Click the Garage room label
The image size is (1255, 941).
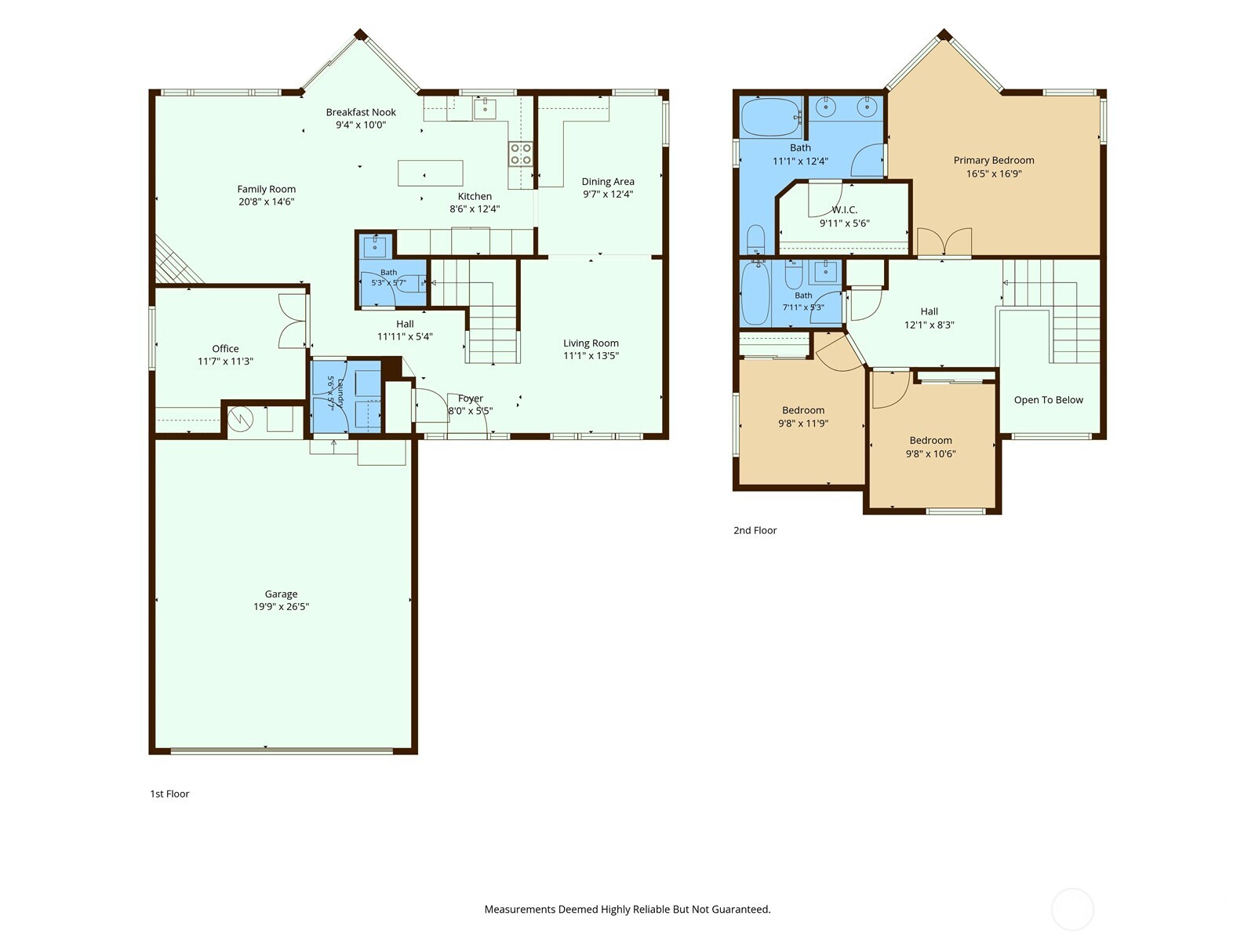[281, 594]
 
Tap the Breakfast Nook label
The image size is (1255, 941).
[361, 113]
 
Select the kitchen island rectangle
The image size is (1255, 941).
[430, 173]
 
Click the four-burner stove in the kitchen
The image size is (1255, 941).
[521, 154]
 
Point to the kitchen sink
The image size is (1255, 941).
[485, 108]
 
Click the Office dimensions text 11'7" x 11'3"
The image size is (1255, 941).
[225, 361]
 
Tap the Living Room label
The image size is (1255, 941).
[591, 343]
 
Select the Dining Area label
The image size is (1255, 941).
[608, 182]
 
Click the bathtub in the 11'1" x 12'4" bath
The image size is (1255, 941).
[771, 117]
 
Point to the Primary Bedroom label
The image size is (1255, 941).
[994, 161]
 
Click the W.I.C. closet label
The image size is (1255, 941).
[845, 209]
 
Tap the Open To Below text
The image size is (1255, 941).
[1049, 400]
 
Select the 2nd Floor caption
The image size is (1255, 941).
[755, 530]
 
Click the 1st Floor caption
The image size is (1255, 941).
[169, 794]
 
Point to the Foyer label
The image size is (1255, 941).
[471, 398]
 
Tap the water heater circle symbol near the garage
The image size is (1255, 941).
[240, 419]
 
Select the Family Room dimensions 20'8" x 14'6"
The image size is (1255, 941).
[267, 202]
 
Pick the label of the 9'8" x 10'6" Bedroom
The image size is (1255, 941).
[931, 441]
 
